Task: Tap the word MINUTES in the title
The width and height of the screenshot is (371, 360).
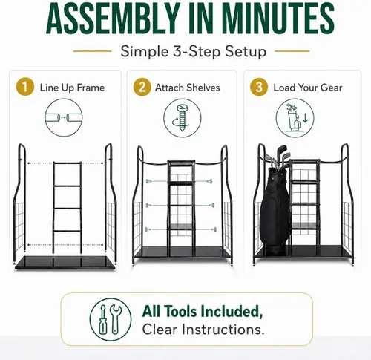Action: point(278,19)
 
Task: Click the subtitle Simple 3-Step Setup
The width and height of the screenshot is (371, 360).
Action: point(194,52)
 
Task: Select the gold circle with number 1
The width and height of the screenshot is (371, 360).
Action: point(25,87)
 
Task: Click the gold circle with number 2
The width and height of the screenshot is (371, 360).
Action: point(142,87)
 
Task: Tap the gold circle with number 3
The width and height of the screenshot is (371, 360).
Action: point(259,87)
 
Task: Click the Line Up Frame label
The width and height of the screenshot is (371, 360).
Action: point(72,88)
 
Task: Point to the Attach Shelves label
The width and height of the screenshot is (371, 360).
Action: point(188,88)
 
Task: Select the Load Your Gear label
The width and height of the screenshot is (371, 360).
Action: point(308,88)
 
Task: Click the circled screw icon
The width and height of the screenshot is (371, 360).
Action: point(183,118)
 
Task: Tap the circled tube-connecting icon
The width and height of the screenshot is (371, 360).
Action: point(64,117)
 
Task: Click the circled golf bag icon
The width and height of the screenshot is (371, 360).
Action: point(295,118)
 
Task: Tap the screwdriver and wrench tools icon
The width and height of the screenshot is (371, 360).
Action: point(111,319)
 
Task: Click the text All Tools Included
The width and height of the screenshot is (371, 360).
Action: point(203,312)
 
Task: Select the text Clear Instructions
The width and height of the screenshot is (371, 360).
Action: point(203,330)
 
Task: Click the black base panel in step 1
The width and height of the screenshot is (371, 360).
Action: point(65,263)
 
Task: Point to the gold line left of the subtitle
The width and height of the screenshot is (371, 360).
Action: point(93,51)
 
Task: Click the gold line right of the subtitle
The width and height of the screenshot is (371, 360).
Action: point(292,51)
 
